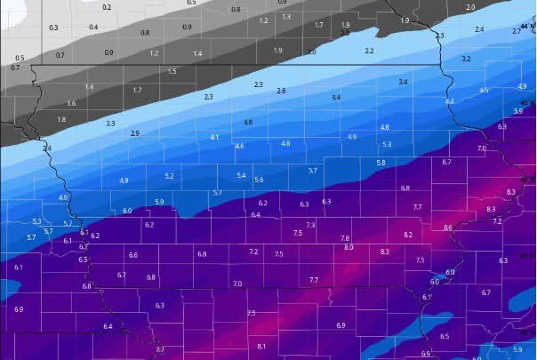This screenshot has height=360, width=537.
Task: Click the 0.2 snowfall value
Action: pyautogui.click(x=108, y=7)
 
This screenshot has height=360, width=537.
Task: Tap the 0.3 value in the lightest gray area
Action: pyautogui.click(x=54, y=28)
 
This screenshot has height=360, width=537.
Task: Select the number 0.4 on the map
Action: pyautogui.click(x=93, y=28)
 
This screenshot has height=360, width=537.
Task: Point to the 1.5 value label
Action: pyautogui.click(x=172, y=71)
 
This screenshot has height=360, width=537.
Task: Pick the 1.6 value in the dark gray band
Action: pyautogui.click(x=72, y=103)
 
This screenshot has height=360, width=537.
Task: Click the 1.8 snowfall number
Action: pyautogui.click(x=61, y=119)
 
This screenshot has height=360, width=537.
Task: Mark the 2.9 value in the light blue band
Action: pyautogui.click(x=135, y=133)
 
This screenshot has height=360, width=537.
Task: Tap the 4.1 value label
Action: pyautogui.click(x=215, y=138)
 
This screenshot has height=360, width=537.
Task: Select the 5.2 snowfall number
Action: pyautogui.click(x=170, y=176)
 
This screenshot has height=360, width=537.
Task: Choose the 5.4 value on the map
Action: pyautogui.click(x=241, y=176)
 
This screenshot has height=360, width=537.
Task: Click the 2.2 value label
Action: pyautogui.click(x=369, y=51)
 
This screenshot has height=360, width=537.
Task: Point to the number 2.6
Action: pyautogui.click(x=281, y=91)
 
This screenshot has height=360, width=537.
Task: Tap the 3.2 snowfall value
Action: pyautogui.click(x=466, y=59)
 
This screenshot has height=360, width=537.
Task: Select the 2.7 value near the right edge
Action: pyautogui.click(x=517, y=31)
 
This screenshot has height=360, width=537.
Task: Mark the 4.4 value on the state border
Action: pyautogui.click(x=450, y=101)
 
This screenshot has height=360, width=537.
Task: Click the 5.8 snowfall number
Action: pyautogui.click(x=381, y=163)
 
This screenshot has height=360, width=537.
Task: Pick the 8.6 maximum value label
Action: pyautogui.click(x=447, y=228)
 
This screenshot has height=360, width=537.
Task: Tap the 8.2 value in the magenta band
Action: pyautogui.click(x=408, y=235)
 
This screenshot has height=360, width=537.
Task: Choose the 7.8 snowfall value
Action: pyautogui.click(x=345, y=239)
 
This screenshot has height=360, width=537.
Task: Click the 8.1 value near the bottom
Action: pyautogui.click(x=261, y=346)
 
